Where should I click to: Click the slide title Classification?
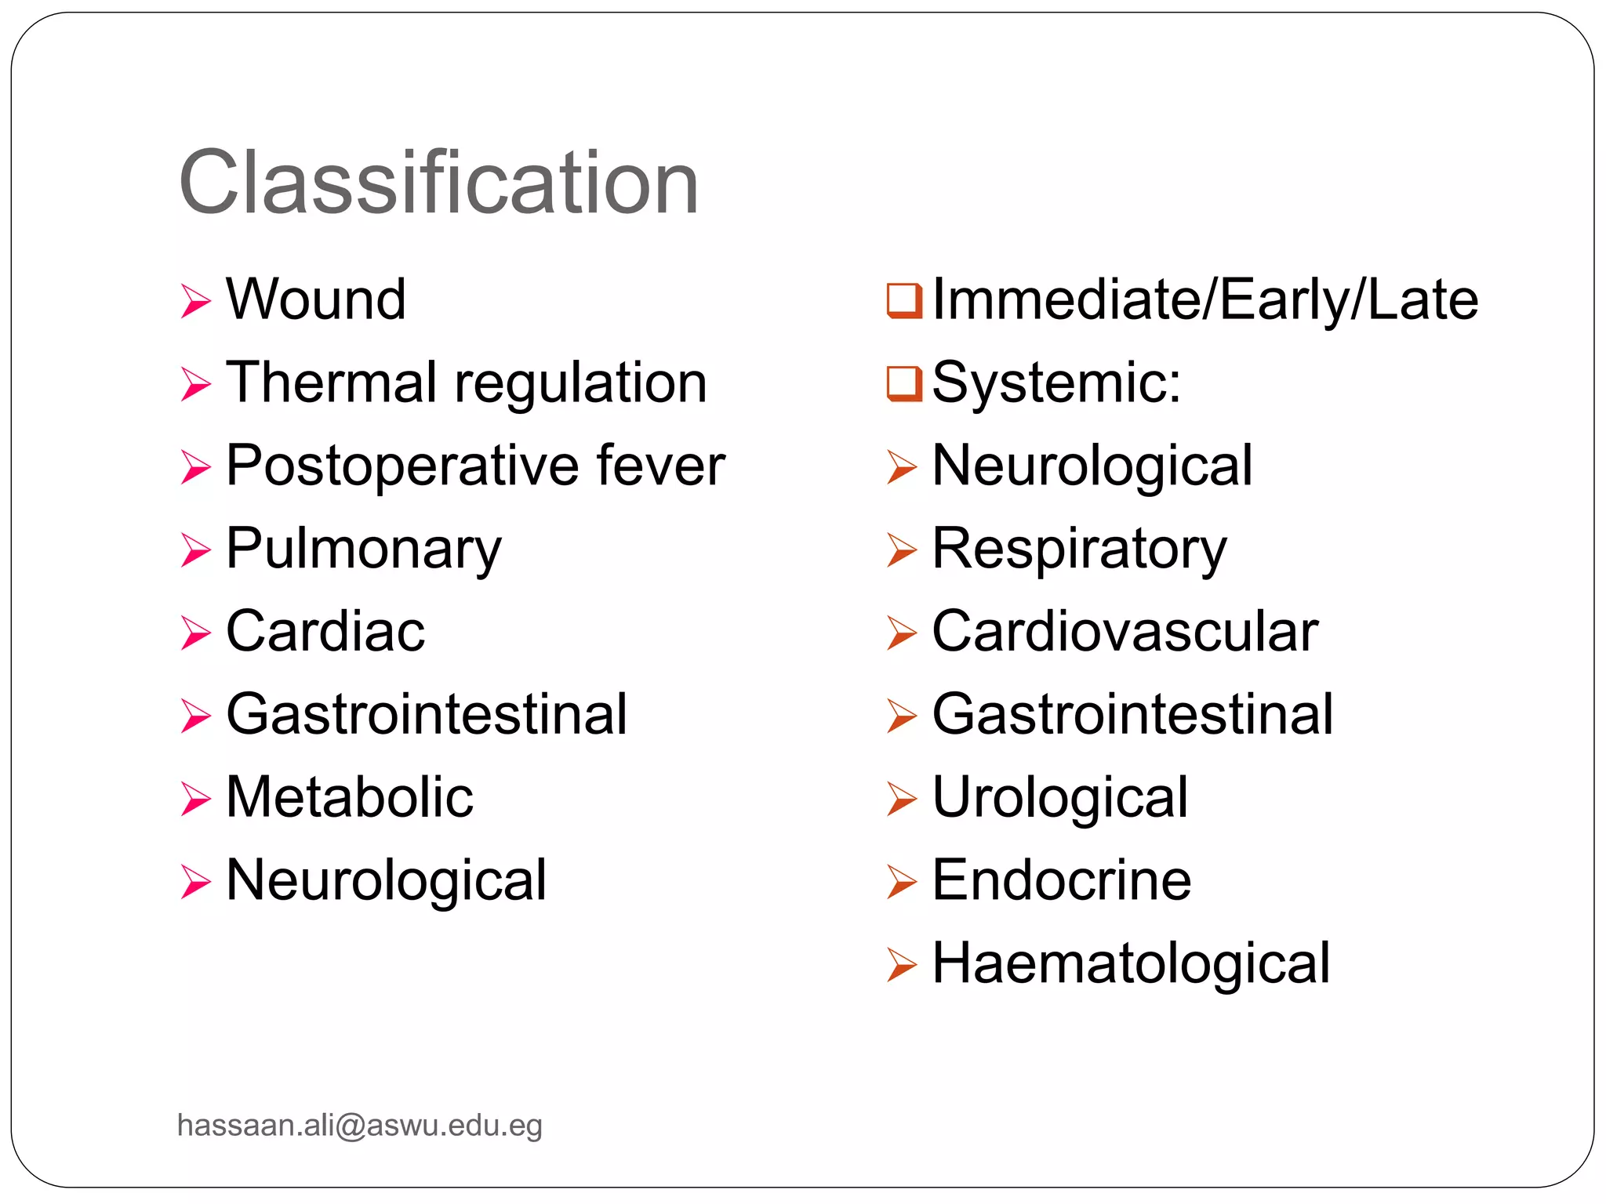click(438, 183)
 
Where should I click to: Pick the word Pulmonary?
click(363, 550)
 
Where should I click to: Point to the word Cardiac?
click(325, 632)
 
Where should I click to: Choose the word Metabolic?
click(349, 798)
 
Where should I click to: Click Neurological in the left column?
click(386, 881)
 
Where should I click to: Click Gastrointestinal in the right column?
click(1132, 715)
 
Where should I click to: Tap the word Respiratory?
click(1079, 550)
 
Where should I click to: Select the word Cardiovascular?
click(1125, 632)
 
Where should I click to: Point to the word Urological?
click(1059, 798)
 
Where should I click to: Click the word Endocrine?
click(1061, 881)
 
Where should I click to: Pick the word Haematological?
click(1131, 964)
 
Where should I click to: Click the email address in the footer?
click(360, 1126)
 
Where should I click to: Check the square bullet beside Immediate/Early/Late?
click(903, 300)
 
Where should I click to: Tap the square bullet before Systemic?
click(903, 383)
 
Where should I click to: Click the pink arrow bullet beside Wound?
click(195, 302)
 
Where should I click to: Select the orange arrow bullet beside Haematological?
click(902, 965)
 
